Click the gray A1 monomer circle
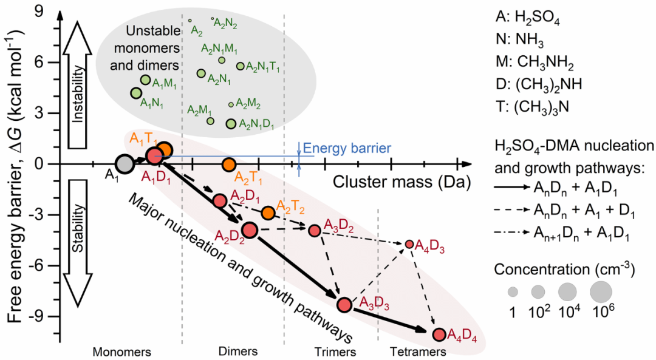pos(124,164)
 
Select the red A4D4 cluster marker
pos(439,334)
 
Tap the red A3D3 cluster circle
pos(345,305)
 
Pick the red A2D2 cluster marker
pos(250,229)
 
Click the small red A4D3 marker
pos(409,244)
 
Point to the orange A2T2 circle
pos(268,212)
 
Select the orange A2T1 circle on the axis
pos(229,164)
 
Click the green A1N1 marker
pos(136,93)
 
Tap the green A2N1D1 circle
pos(230,124)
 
